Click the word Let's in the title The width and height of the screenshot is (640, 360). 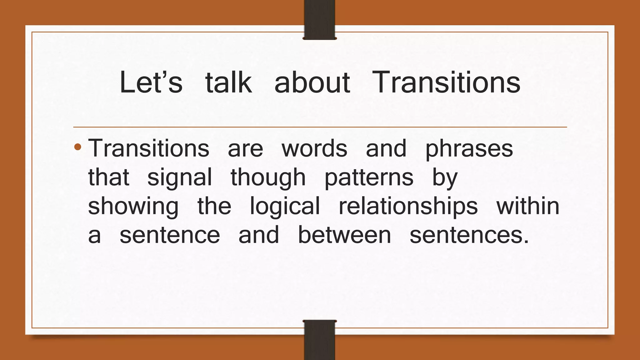tap(151, 82)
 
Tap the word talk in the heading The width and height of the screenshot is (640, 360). tap(228, 82)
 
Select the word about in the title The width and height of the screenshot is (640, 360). tap(312, 82)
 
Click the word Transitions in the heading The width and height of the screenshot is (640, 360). tap(446, 82)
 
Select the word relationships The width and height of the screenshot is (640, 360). tap(408, 206)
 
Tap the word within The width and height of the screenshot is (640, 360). tap(528, 206)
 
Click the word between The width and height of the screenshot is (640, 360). tap(344, 235)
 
